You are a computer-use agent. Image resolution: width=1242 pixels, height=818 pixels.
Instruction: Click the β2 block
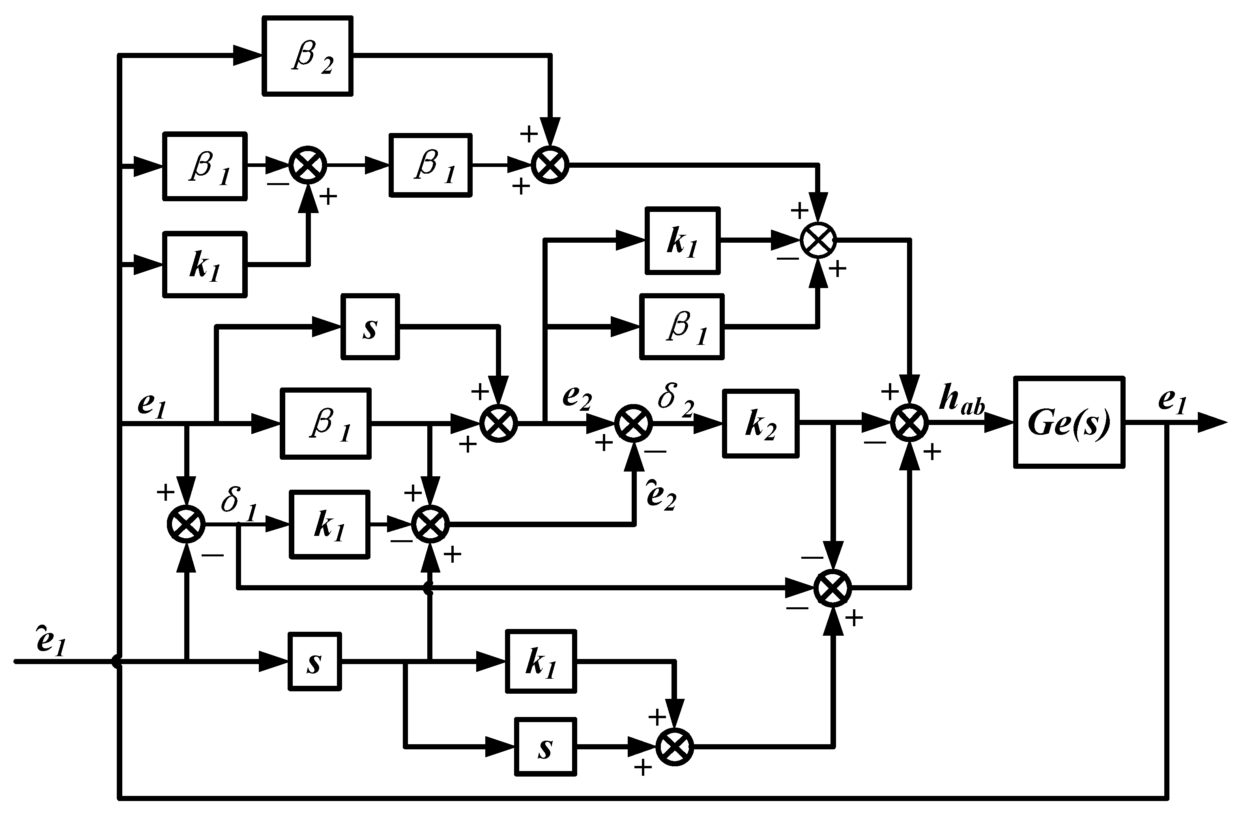307,56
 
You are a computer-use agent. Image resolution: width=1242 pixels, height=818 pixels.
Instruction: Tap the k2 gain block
760,423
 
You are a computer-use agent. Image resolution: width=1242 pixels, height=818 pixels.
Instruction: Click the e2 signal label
577,398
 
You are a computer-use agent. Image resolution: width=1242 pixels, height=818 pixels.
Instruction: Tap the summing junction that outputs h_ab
909,423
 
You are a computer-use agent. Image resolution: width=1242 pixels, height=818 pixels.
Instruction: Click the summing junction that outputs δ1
186,524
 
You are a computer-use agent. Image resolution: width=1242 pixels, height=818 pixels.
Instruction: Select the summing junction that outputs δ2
634,423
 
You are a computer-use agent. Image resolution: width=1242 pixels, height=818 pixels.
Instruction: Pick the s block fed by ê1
314,661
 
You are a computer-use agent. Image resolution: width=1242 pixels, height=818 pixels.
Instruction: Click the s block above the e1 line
370,327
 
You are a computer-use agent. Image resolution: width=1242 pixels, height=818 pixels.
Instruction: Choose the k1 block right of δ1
329,524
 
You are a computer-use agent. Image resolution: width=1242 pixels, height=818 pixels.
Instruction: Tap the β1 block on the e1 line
325,423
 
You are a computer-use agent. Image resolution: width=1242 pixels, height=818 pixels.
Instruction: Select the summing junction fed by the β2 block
550,165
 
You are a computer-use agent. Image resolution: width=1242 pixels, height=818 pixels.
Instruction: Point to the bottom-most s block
545,747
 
